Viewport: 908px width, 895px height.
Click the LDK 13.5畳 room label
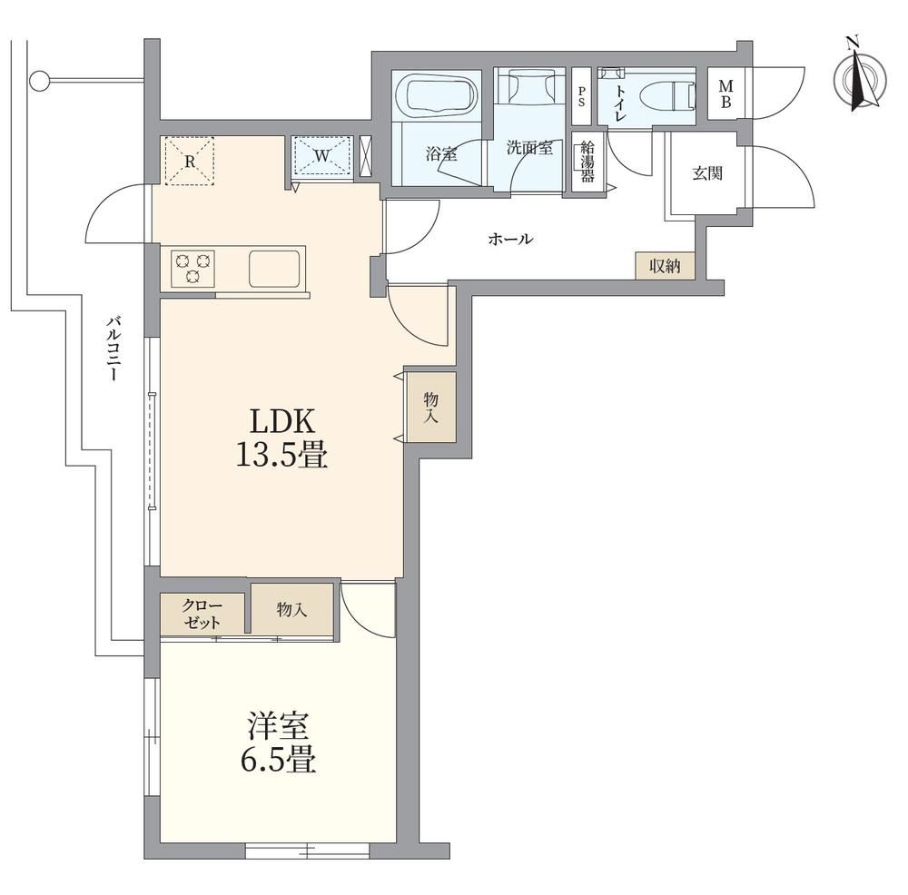[281, 438]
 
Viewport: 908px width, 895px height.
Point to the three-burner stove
[192, 268]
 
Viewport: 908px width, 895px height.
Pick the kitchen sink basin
[275, 268]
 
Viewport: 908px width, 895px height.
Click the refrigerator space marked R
[190, 161]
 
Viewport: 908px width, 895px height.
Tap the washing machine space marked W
[322, 154]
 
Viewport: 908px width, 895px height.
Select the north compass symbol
[859, 76]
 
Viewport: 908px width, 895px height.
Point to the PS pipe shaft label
[581, 96]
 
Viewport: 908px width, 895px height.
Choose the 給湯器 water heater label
[587, 161]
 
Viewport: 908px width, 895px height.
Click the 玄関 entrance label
[707, 173]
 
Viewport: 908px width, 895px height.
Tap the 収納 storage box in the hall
[665, 266]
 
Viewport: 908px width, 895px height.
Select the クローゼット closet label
[202, 615]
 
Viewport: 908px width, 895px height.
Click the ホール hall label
[510, 238]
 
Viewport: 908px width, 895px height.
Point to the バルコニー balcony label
[114, 348]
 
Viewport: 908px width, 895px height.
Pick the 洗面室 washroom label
[529, 148]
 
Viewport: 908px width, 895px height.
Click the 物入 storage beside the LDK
[430, 407]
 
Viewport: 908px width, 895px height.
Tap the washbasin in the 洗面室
[528, 87]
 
